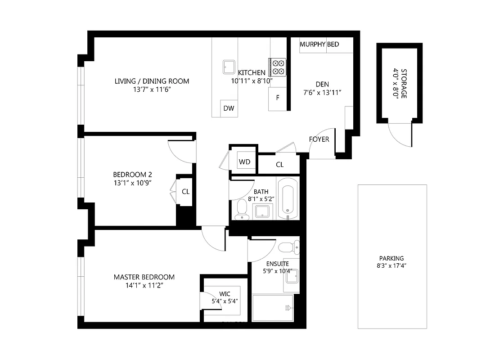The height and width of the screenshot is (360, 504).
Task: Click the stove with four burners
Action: pos(278,67)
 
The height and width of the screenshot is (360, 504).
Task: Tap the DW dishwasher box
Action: pos(229,108)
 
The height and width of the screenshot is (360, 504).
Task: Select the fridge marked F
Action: pos(277,98)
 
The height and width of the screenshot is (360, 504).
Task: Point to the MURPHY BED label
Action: pos(319,44)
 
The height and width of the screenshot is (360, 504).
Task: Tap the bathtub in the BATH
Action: pos(288,198)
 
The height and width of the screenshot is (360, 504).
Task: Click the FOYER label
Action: pos(319,139)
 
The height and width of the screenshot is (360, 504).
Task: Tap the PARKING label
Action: pos(391,258)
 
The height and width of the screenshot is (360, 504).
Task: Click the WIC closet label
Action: pos(225,294)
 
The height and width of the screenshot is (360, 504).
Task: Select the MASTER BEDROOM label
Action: pos(144,277)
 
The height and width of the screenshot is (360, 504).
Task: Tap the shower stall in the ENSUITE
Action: pos(273,308)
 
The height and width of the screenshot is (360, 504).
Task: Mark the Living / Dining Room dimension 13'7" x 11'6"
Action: pos(152,90)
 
